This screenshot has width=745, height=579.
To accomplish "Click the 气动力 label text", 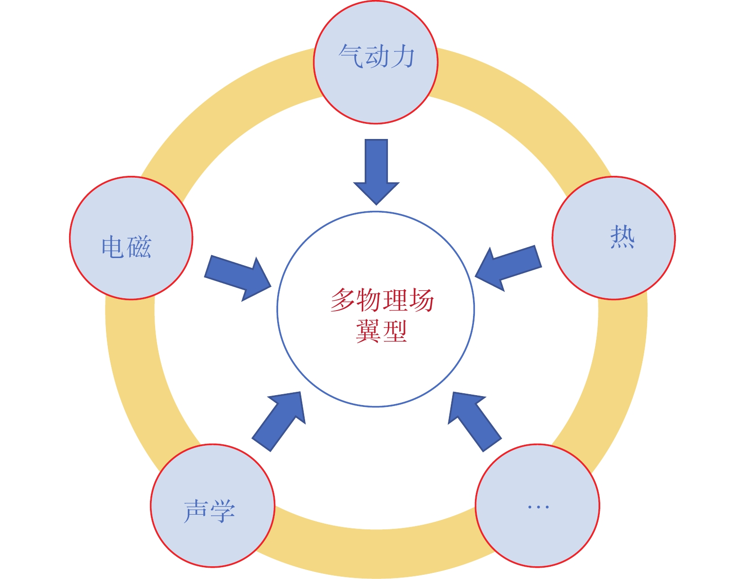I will (x=377, y=57).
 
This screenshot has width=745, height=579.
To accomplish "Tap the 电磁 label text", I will (x=126, y=247).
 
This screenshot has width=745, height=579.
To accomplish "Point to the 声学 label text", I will (x=209, y=510).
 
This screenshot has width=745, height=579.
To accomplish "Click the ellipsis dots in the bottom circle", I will (x=538, y=507).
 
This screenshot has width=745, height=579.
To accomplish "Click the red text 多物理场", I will (x=382, y=300).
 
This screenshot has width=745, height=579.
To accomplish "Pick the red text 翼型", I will (x=381, y=331).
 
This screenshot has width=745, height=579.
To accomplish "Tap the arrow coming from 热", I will (x=508, y=268).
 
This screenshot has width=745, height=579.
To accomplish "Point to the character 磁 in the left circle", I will (x=139, y=247).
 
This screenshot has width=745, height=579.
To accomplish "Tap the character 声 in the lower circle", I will (x=196, y=510).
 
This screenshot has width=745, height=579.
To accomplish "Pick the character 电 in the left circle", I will (x=113, y=247).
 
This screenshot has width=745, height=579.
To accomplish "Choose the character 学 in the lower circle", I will (x=222, y=510).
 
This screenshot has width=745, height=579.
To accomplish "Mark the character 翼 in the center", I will (x=368, y=331).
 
